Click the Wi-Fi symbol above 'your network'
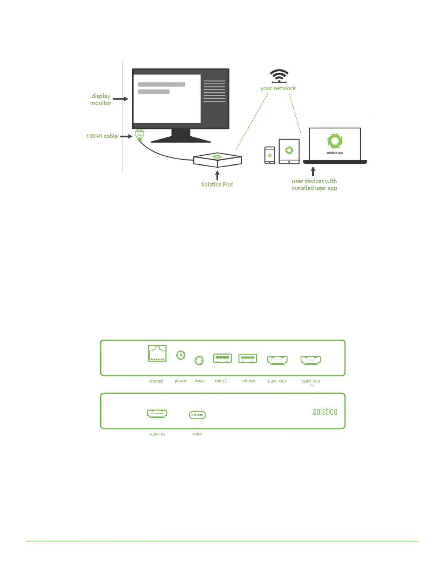coord(279,76)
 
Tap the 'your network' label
coord(278,88)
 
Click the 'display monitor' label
coord(101,99)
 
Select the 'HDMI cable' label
coord(102,136)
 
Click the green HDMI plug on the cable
coord(139,135)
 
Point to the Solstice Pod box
coord(217,159)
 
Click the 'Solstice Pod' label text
coord(217,184)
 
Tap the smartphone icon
coord(270,155)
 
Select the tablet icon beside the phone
coord(289,151)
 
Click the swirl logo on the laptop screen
coord(334,141)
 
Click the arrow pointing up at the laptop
coord(313,171)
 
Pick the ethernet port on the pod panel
coord(157,353)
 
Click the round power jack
coord(181,355)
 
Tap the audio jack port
coord(199,360)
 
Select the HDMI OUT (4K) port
coord(310,360)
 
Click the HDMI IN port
coord(157,414)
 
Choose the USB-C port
coord(197,415)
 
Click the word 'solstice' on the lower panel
coord(325,412)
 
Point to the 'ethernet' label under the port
coord(156,381)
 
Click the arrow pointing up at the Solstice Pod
coord(217,176)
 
